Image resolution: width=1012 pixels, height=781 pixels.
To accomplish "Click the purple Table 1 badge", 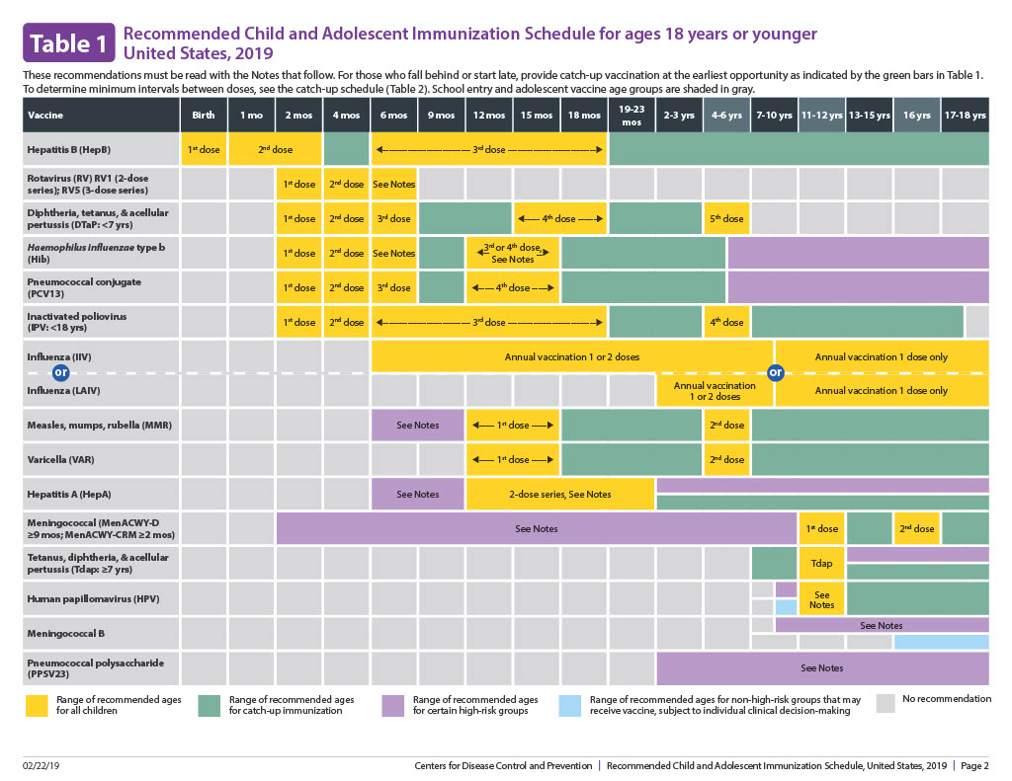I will coord(68,43).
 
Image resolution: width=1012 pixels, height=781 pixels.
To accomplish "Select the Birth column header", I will coord(204,116).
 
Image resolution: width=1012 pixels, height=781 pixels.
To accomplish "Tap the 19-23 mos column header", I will coord(632,115).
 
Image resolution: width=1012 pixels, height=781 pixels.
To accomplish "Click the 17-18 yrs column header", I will coord(965,116).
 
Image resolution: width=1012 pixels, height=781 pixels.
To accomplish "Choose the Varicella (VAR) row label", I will coord(60,459).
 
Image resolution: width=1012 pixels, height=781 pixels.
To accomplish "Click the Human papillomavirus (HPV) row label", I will coord(78,598).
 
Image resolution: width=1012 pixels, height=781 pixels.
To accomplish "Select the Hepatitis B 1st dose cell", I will coord(204,149).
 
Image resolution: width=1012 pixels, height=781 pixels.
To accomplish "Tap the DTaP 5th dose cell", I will coord(726,218).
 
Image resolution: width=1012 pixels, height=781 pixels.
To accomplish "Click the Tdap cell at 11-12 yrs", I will coord(821,563).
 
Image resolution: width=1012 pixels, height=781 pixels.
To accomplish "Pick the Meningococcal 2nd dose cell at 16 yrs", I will coord(917,528).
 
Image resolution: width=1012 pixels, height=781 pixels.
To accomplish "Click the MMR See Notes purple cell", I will coord(417,425).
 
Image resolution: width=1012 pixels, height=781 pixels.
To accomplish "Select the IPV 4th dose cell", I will coord(726,322).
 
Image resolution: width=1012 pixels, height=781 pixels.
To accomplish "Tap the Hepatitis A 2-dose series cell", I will coord(559,494).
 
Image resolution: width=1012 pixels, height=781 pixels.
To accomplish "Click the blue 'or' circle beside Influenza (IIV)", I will coord(60,372).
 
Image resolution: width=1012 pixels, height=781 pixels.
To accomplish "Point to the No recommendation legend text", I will coord(947,699).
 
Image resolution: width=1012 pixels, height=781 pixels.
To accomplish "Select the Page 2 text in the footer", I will coord(974,766).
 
